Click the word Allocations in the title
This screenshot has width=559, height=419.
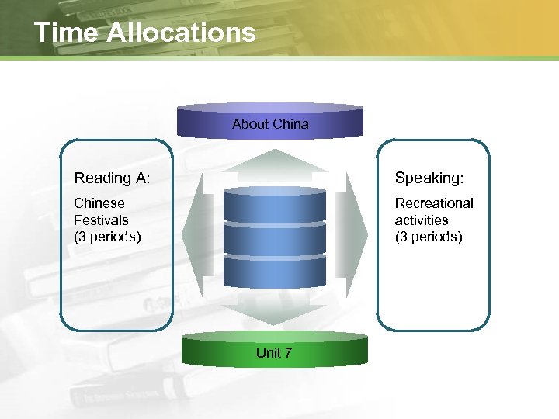pos(180,33)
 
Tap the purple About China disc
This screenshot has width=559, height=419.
pos(270,120)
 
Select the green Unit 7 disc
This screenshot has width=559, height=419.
pos(274,350)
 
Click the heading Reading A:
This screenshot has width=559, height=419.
pos(112,178)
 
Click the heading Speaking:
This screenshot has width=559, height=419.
pos(429,178)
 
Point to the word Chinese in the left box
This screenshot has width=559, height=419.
pos(99,203)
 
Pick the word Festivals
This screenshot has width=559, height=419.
pos(101,220)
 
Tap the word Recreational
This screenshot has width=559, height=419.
pos(434,203)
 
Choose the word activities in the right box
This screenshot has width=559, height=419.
pos(422,220)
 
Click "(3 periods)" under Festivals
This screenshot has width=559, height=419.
pos(107,237)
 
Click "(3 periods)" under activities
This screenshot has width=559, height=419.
pos(429,237)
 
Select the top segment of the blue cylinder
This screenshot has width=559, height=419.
pos(274,206)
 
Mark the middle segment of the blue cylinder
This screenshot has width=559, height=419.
pos(274,239)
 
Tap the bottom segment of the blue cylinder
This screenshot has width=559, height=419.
pos(274,272)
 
